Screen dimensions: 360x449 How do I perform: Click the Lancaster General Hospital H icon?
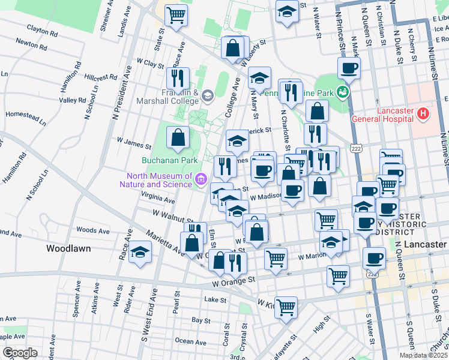(x=423, y=113)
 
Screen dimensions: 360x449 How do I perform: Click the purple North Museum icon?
(x=200, y=178)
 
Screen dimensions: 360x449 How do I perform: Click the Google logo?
(x=19, y=353)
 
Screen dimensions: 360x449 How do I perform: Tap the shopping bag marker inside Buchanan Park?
(x=178, y=138)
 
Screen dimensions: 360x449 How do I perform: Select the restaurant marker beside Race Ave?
(x=178, y=78)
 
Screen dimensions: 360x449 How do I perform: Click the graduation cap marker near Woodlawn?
(x=140, y=252)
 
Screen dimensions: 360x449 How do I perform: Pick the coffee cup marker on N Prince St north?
(x=349, y=68)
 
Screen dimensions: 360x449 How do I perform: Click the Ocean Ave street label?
(x=192, y=341)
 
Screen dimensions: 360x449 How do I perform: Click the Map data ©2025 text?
(x=423, y=355)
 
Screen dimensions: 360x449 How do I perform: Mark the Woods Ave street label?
(x=92, y=230)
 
